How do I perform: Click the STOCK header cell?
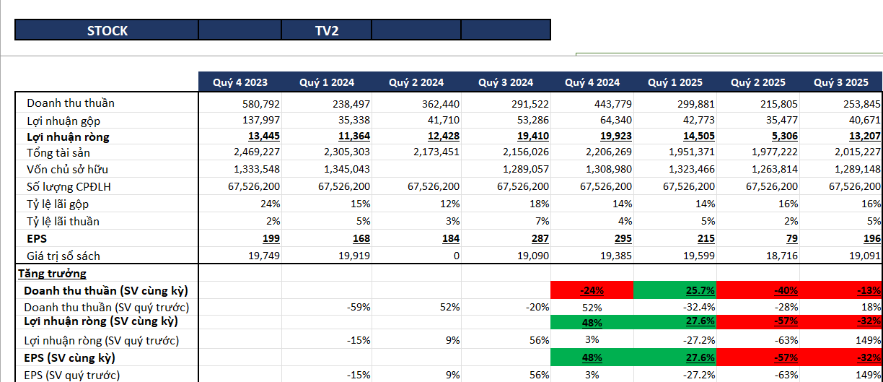pos(107,30)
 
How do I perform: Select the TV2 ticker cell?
pos(327,30)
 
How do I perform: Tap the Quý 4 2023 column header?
pos(240,82)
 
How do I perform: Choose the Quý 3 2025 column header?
pos(841,82)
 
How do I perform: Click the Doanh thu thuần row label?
pos(71,103)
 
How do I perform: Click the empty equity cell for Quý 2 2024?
pos(416,170)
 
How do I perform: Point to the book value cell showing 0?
pos(456,256)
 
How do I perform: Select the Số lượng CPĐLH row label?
pos(69,186)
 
